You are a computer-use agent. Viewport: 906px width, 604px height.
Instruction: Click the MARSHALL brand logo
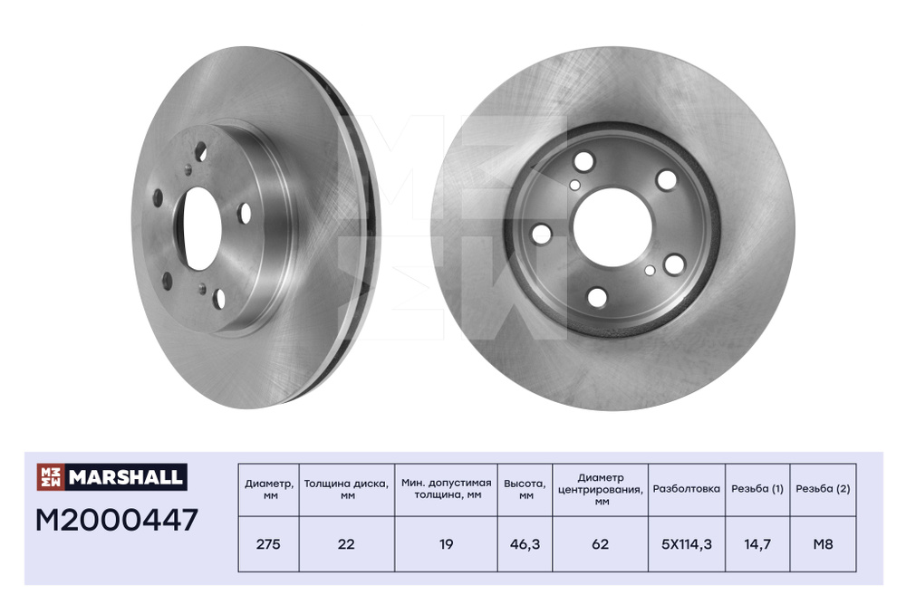click(x=111, y=477)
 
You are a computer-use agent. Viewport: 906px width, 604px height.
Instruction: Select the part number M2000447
click(x=117, y=520)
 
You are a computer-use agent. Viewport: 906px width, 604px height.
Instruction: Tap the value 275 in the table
click(x=268, y=544)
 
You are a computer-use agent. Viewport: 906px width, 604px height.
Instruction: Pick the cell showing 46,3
click(x=525, y=544)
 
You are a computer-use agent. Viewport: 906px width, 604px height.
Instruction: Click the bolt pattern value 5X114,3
click(x=687, y=544)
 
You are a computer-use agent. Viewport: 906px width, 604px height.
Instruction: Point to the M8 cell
click(x=823, y=544)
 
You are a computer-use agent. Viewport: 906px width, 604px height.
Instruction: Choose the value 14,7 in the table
click(x=757, y=544)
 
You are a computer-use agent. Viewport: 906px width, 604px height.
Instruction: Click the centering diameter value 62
click(x=601, y=544)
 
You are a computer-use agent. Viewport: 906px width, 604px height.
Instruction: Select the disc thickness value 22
click(x=346, y=544)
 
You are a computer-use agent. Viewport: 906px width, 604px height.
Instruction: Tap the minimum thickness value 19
click(x=446, y=544)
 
